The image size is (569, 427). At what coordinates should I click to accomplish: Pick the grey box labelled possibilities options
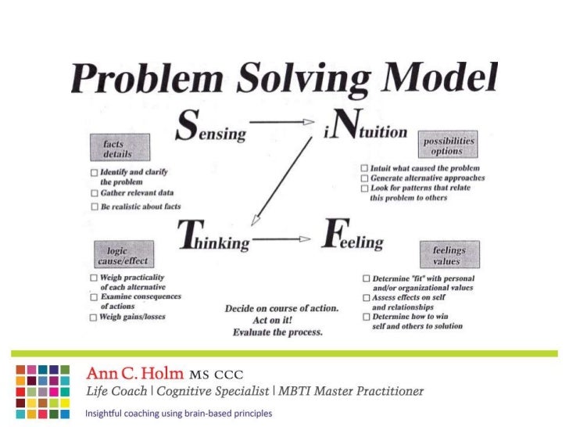point(449,145)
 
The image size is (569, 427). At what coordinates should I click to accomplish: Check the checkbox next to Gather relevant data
point(94,192)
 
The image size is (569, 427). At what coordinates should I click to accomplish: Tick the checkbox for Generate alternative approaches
point(364,178)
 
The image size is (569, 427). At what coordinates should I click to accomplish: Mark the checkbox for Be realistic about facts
point(94,206)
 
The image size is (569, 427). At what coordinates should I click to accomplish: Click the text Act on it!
point(281,321)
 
